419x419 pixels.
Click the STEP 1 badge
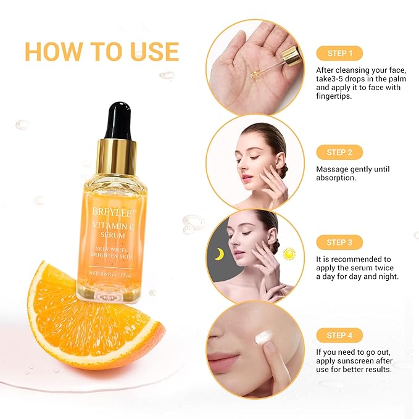pyautogui.click(x=339, y=53)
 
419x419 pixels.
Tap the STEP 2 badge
pyautogui.click(x=339, y=152)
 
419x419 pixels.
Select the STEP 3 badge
pyautogui.click(x=339, y=243)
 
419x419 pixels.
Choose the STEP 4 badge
pyautogui.click(x=339, y=335)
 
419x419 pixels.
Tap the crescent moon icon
pyautogui.click(x=218, y=254)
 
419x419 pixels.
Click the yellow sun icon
pyautogui.click(x=289, y=253)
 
